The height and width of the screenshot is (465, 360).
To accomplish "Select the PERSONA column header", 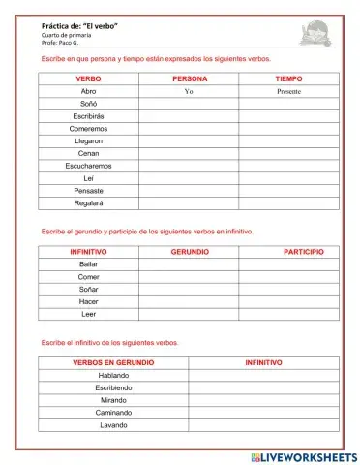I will click(x=189, y=77).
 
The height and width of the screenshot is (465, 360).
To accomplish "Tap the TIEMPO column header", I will click(x=288, y=77).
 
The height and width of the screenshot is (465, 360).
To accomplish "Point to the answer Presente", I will click(x=287, y=91).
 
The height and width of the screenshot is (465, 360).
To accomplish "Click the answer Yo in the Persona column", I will click(x=189, y=91).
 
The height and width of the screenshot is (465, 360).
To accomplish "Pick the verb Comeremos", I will click(x=88, y=128).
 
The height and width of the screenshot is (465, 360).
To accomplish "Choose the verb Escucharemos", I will click(x=88, y=166).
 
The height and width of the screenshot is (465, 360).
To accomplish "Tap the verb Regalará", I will click(x=88, y=203).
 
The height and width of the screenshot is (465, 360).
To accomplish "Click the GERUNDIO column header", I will click(x=190, y=251).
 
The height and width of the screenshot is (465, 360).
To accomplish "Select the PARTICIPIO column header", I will click(x=303, y=251).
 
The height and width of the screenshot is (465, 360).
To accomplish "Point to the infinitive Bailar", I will click(x=89, y=263).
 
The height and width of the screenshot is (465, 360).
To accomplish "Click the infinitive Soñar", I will click(x=89, y=289).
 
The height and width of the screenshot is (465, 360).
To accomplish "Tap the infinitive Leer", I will click(x=89, y=314).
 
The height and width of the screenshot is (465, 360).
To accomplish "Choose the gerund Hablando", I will click(x=113, y=375).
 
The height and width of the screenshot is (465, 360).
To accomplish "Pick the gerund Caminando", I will click(x=113, y=413).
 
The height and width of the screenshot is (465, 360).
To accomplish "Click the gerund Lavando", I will click(x=113, y=425).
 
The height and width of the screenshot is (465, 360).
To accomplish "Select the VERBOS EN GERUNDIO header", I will click(x=113, y=362).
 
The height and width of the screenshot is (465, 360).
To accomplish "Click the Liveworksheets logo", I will click(x=303, y=455).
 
